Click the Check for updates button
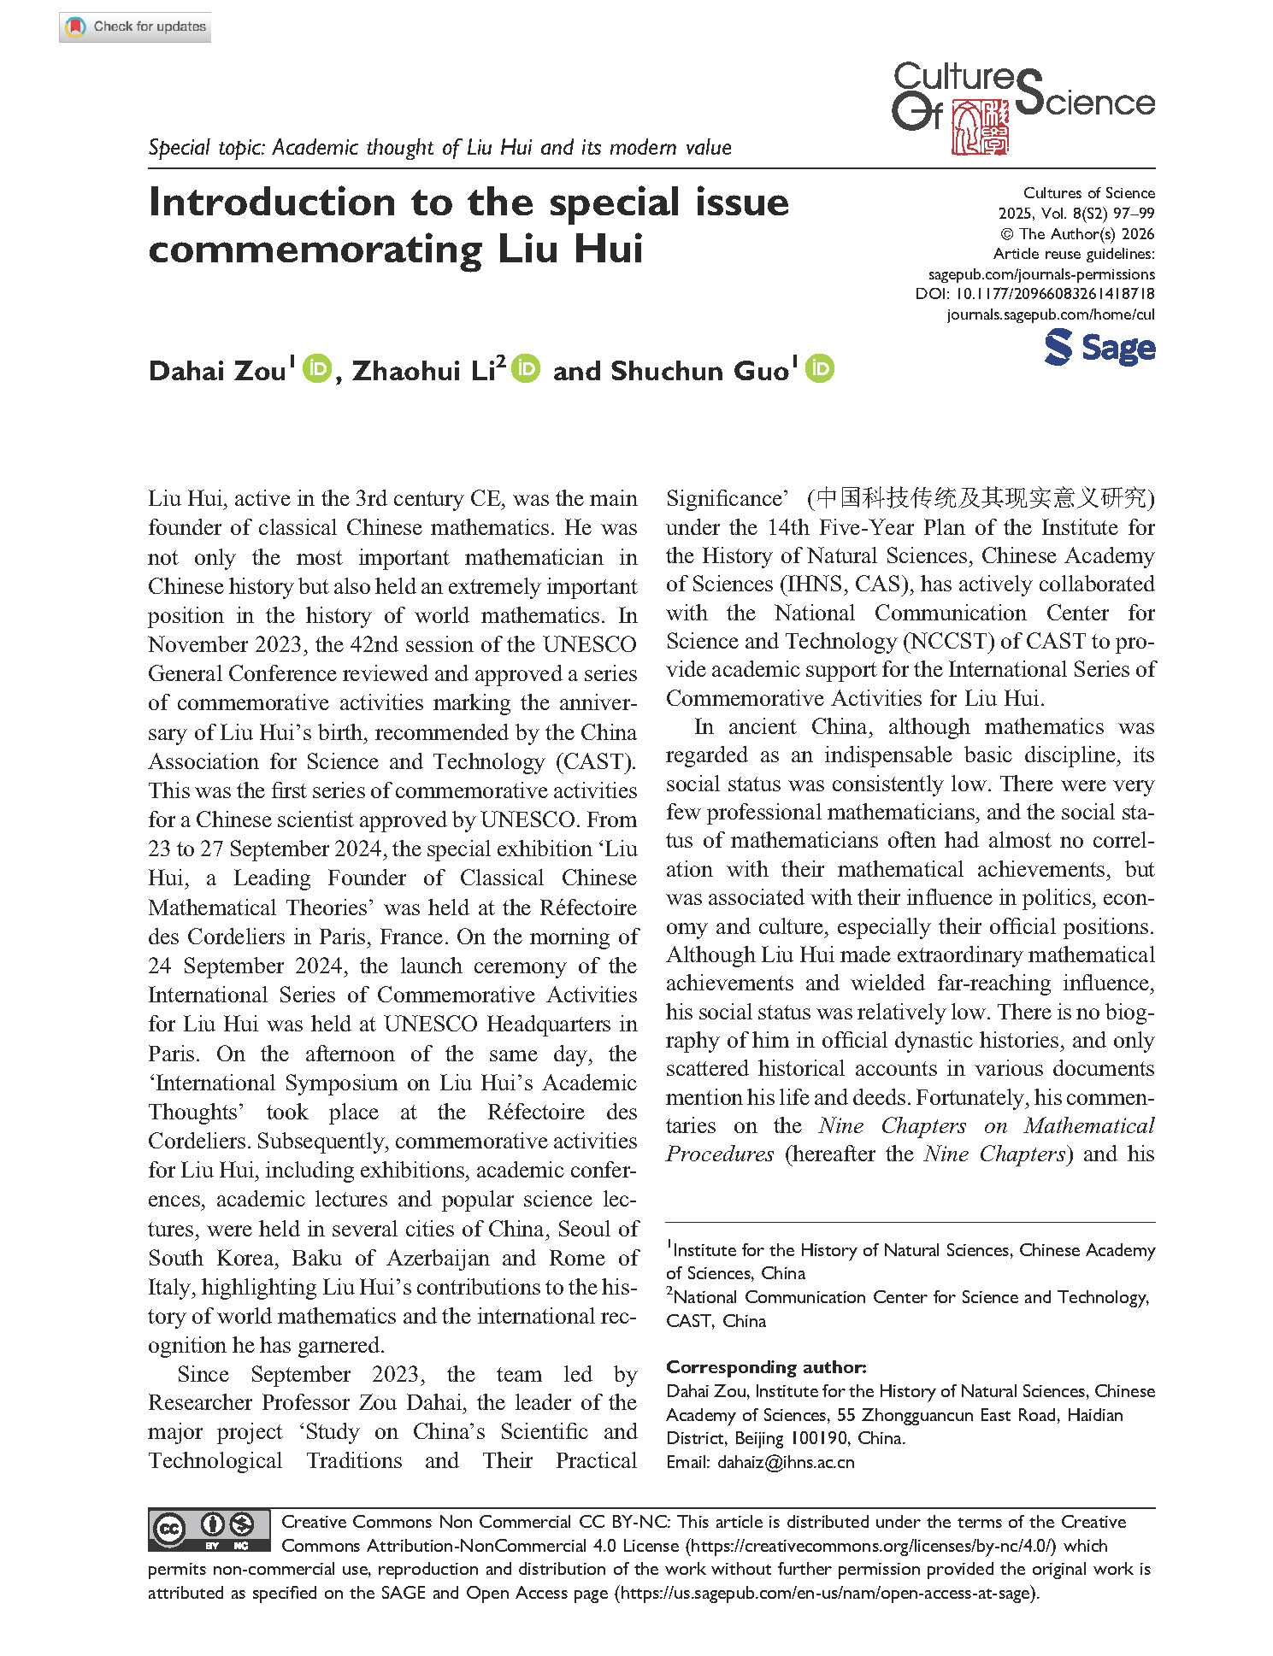pyautogui.click(x=135, y=26)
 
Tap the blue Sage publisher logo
pyautogui.click(x=1099, y=348)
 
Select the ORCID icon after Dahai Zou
pyautogui.click(x=316, y=368)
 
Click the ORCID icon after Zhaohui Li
pyautogui.click(x=526, y=368)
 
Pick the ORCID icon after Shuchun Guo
pyautogui.click(x=819, y=368)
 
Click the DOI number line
pyautogui.click(x=1034, y=294)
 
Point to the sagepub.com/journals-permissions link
pyautogui.click(x=1041, y=274)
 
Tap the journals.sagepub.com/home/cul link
pyautogui.click(x=1050, y=314)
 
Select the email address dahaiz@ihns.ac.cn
pyautogui.click(x=786, y=1462)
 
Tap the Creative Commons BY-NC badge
pyautogui.click(x=209, y=1530)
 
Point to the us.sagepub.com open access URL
pyautogui.click(x=826, y=1593)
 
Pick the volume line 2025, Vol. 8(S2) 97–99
pyautogui.click(x=1076, y=214)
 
